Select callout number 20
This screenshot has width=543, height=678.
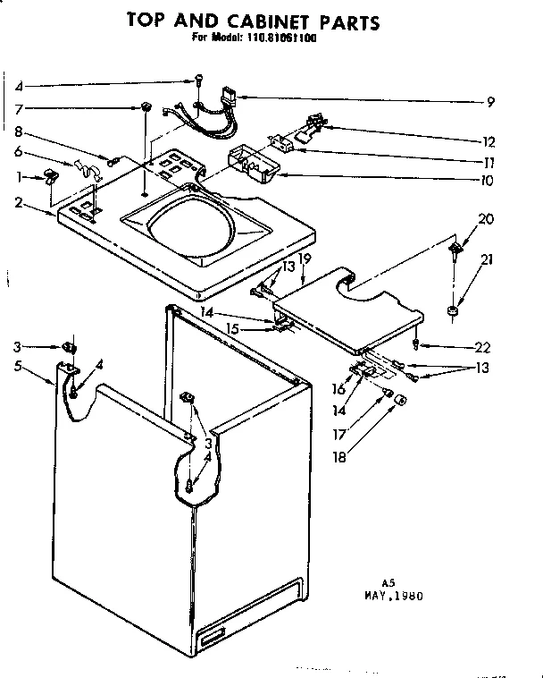tap(486, 218)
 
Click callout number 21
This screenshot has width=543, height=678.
tap(485, 259)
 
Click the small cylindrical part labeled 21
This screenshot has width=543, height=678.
tap(454, 311)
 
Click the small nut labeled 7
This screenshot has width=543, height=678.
tap(143, 108)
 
